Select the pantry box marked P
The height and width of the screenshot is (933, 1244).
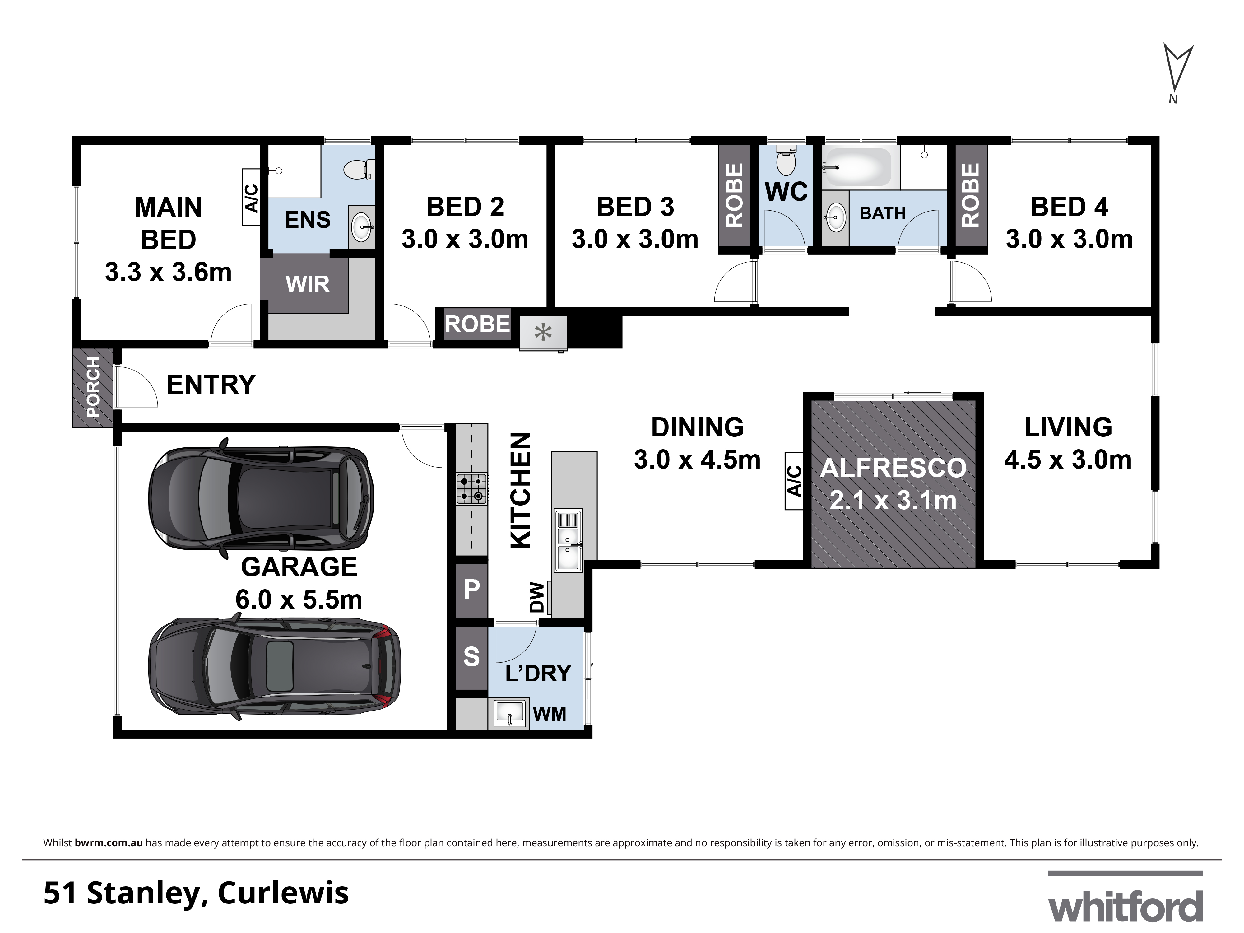point(471,589)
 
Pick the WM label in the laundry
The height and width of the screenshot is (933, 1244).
point(550,714)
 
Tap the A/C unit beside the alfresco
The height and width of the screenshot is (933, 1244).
point(794,481)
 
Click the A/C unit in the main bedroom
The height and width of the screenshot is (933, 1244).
point(251,198)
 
